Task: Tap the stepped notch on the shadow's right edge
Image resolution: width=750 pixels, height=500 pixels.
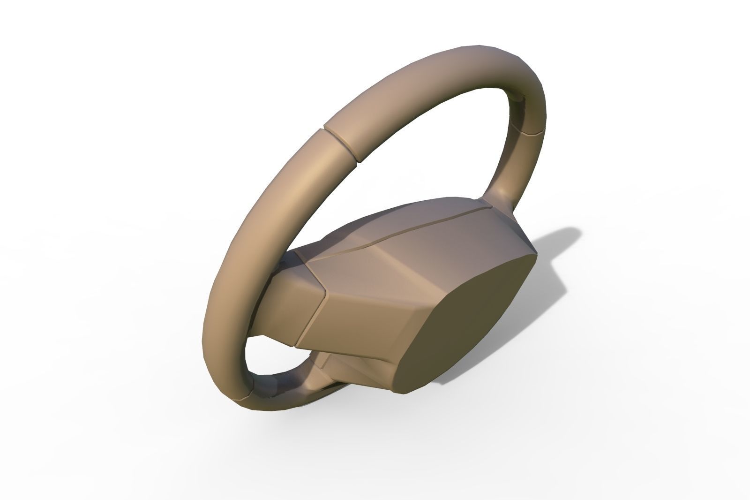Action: coord(558,277)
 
